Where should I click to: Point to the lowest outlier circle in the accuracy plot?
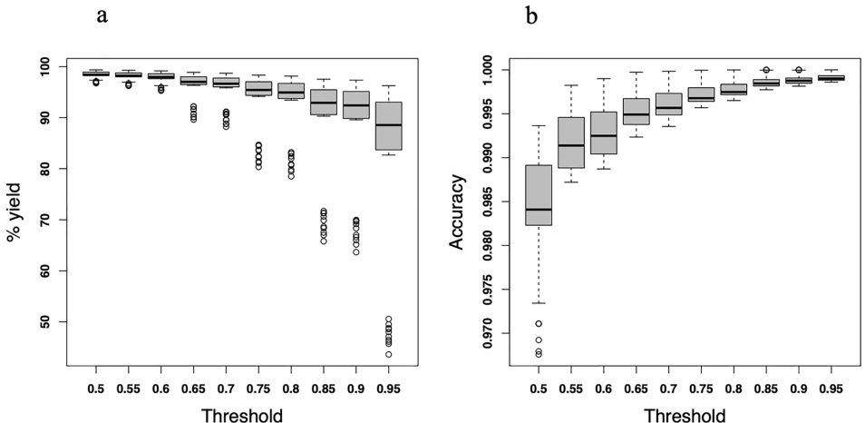[x=539, y=353]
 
